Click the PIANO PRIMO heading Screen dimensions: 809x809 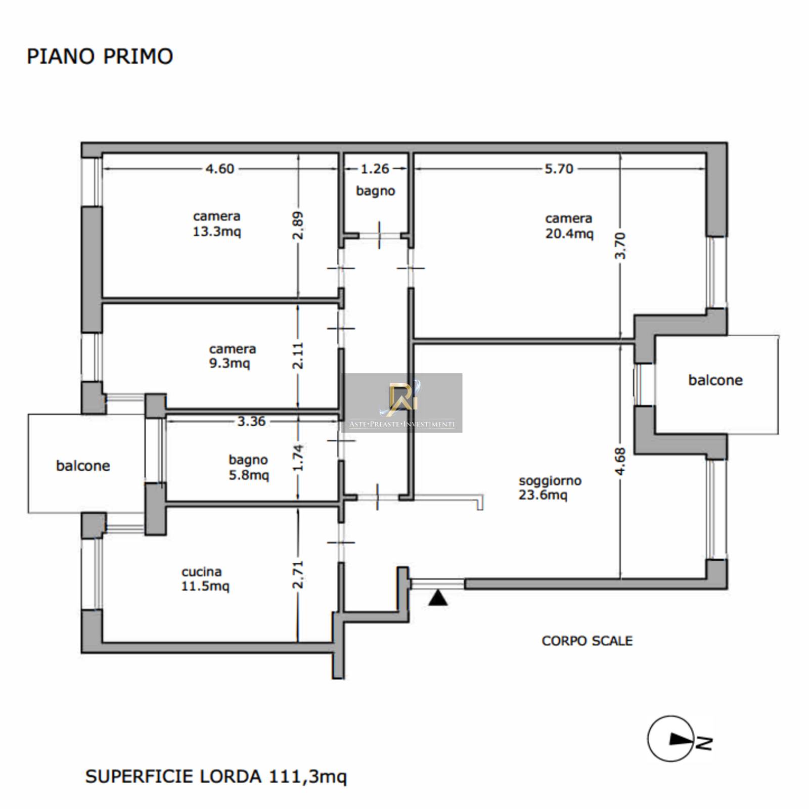coord(100,56)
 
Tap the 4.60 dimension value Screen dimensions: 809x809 coord(220,169)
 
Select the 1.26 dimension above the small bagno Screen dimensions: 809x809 coord(375,169)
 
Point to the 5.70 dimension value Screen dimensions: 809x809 coord(559,169)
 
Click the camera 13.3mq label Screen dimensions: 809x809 coord(217,224)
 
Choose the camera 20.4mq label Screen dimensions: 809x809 coord(569,226)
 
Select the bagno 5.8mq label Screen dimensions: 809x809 coord(248,467)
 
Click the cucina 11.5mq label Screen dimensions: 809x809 coord(205,579)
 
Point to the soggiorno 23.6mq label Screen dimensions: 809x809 coord(550,487)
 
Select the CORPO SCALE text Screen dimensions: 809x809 coord(587,641)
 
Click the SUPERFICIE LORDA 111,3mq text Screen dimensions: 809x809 coord(216,776)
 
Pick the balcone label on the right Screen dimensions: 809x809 coord(715,380)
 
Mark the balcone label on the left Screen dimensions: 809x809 coord(83,466)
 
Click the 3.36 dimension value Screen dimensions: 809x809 coord(251,421)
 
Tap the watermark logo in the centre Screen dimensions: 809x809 coord(402,403)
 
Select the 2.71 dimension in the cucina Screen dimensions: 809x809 coord(298,574)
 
